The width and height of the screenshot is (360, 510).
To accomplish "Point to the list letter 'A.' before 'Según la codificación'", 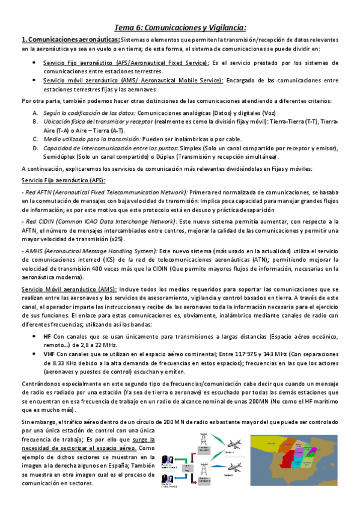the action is click(35, 113).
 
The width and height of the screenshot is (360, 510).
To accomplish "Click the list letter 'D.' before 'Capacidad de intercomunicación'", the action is click(35, 148).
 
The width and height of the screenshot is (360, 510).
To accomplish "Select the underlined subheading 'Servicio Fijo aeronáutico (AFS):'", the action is click(63, 180).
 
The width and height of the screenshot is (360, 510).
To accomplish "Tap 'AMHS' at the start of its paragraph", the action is click(34, 250).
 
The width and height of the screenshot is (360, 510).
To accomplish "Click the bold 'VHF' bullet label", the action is click(49, 355).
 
